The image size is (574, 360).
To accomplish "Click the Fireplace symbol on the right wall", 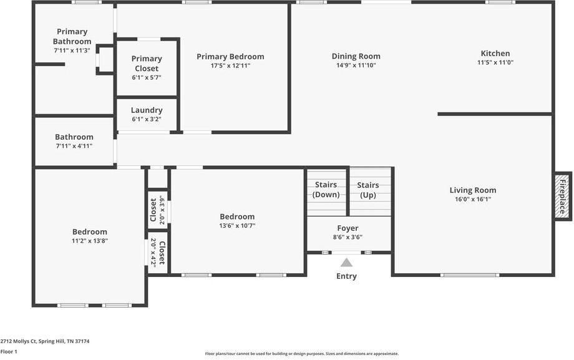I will coord(563,196).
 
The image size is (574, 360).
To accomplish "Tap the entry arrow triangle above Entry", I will coord(346,263).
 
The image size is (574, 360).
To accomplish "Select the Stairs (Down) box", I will coord(326,190).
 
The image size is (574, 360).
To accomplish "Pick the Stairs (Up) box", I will coord(369,190).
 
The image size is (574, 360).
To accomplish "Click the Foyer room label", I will coord(348,228).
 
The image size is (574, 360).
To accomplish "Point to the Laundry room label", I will coord(147,110).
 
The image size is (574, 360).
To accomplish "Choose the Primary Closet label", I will coord(147,64).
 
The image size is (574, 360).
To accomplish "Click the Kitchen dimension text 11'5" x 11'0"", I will coord(495,62).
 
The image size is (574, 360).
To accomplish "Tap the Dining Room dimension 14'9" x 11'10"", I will coord(356,66).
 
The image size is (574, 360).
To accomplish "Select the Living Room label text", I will coord(473,190).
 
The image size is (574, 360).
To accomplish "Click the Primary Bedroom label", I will coord(230,57).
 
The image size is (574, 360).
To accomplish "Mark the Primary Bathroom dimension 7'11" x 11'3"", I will coord(72,51).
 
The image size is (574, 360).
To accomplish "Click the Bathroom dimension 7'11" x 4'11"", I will coord(74,146).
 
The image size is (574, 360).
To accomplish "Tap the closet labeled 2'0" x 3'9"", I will coord(157,210).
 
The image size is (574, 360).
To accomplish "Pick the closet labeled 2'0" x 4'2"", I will coord(157,253).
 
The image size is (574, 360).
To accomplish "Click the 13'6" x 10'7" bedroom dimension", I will coord(237,226).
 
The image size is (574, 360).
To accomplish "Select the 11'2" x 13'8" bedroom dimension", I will coord(90,241).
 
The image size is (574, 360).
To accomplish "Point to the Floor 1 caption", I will coord(9,352).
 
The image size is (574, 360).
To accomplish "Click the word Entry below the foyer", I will coord(346,276).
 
